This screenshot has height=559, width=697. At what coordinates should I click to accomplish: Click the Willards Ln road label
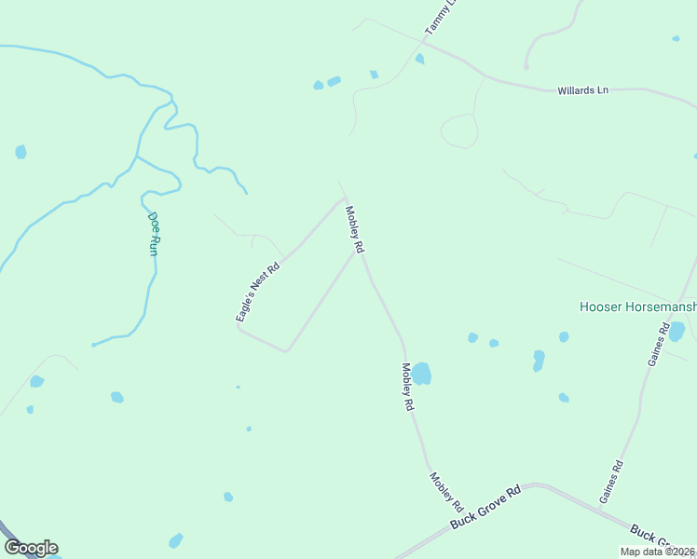click(582, 90)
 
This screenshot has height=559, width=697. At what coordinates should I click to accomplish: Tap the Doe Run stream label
click(154, 234)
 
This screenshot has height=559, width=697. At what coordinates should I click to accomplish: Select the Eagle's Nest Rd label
click(257, 292)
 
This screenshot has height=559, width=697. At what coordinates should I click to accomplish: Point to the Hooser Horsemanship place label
click(637, 306)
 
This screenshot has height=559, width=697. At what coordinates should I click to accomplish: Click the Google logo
click(31, 548)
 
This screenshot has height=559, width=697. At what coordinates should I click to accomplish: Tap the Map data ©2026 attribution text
click(657, 552)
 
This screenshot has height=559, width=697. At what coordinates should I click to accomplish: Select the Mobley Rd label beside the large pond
click(406, 387)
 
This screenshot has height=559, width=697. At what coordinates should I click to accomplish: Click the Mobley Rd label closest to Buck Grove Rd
click(446, 491)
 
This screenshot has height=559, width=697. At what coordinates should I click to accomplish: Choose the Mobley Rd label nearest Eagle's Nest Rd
click(354, 230)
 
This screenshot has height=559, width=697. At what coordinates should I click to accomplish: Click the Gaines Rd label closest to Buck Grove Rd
click(611, 482)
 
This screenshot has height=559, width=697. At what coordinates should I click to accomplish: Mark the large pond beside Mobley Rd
click(422, 373)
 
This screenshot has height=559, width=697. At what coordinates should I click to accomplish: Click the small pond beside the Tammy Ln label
click(419, 59)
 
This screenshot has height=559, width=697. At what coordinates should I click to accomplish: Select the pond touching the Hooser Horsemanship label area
click(676, 331)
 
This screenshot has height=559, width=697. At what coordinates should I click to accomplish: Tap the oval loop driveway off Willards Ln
click(458, 131)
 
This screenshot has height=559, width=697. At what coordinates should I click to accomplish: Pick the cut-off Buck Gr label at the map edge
click(650, 539)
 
